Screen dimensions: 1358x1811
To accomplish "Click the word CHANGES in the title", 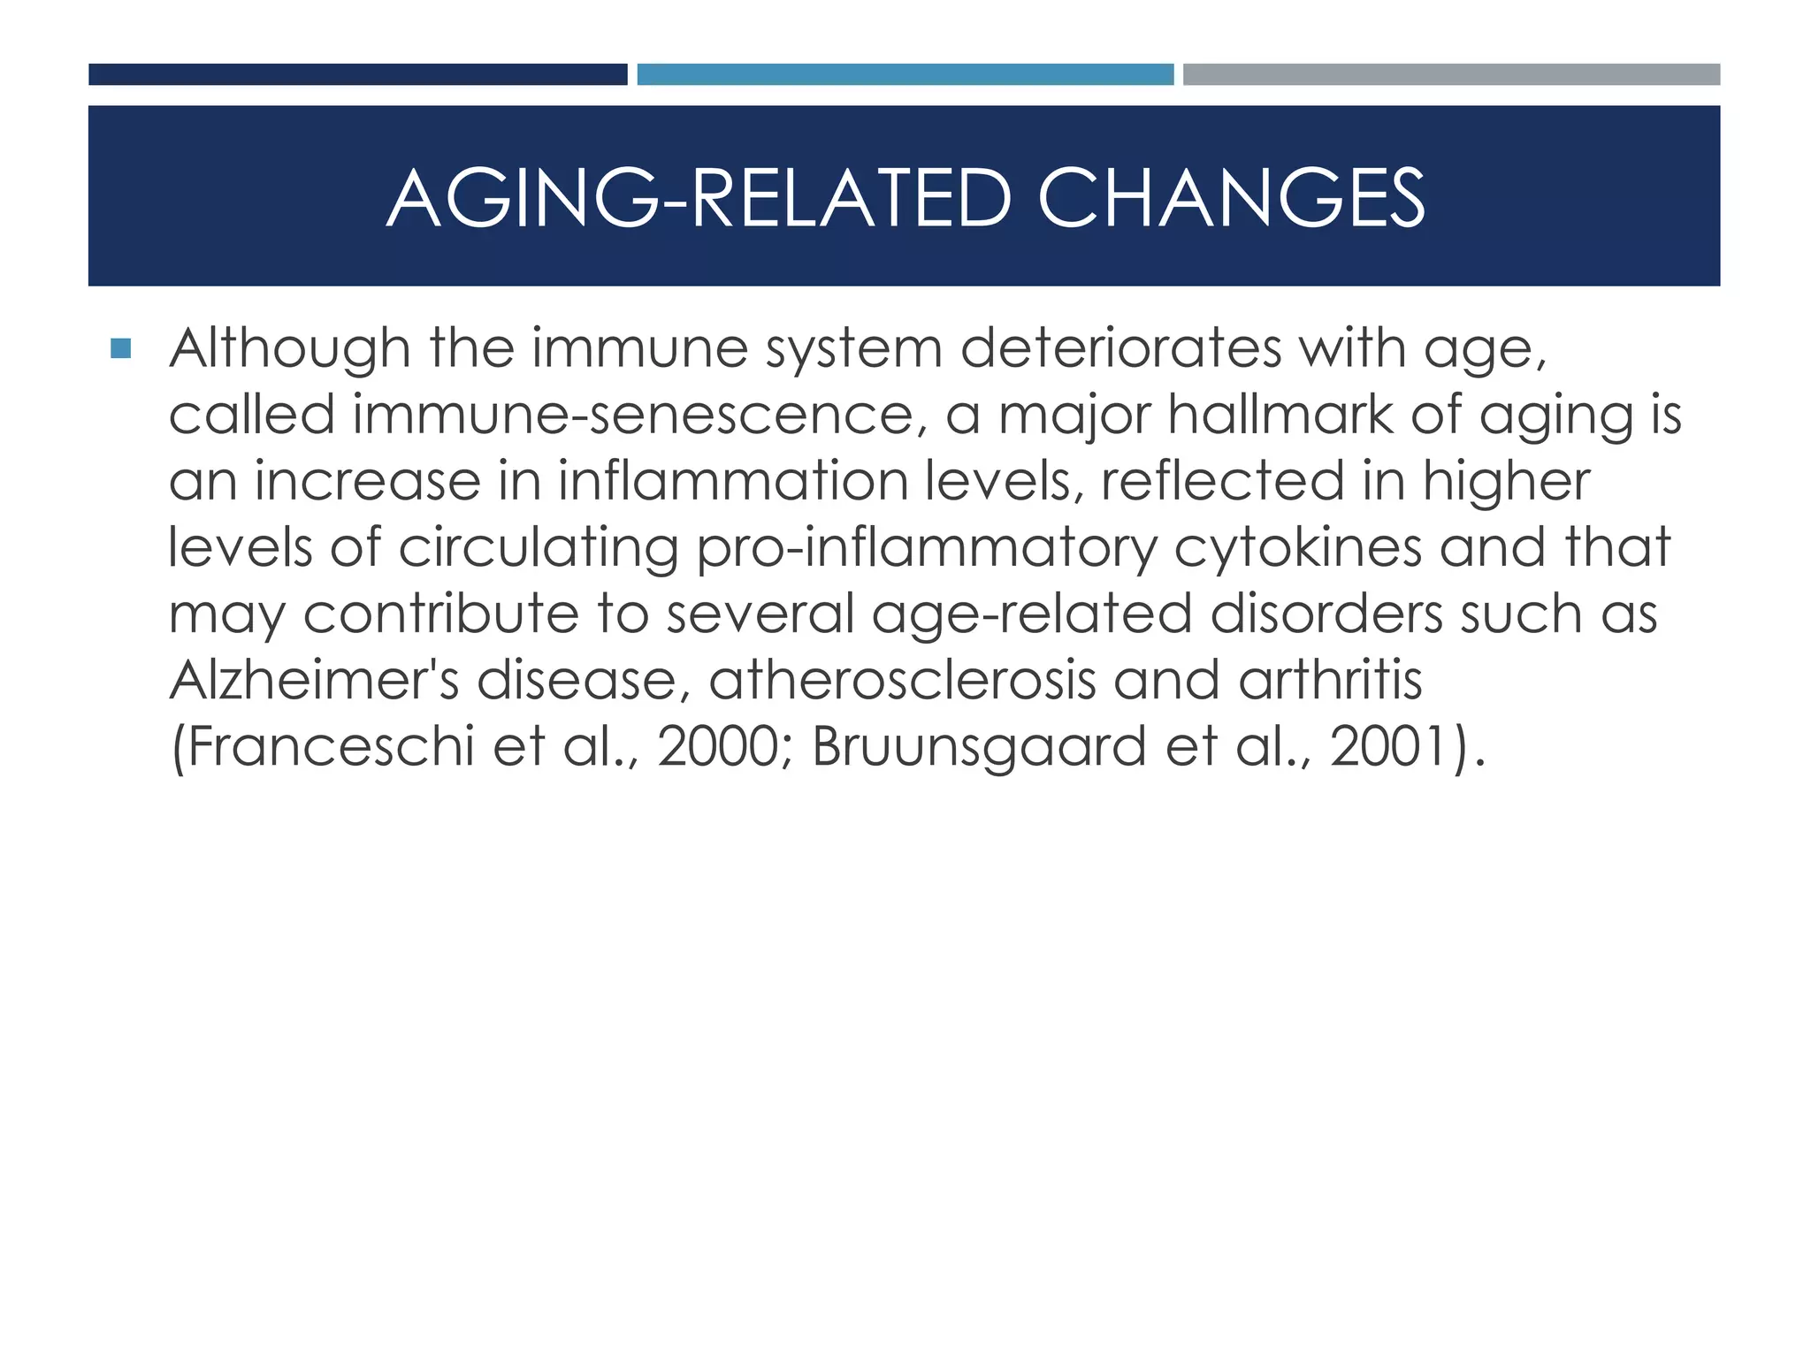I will (1230, 197).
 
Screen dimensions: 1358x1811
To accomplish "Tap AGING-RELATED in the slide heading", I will (699, 197).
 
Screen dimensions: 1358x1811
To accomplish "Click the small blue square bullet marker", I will (121, 348).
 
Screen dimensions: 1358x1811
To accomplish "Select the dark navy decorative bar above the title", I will (357, 74).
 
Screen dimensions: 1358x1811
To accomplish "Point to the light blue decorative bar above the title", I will (905, 74).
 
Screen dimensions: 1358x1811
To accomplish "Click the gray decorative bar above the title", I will (1451, 74).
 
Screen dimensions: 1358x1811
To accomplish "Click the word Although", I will (290, 348).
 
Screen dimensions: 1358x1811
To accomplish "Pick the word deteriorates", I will (1120, 348).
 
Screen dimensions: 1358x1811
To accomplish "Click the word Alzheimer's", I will (314, 680).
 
